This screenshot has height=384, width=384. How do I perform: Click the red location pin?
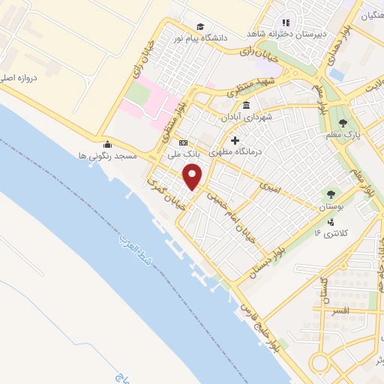click(x=194, y=177)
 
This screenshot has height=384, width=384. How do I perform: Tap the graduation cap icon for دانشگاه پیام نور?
click(x=199, y=26)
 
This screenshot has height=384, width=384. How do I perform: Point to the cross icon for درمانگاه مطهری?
click(x=235, y=140)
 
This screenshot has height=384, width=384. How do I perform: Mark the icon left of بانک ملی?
click(x=182, y=142)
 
